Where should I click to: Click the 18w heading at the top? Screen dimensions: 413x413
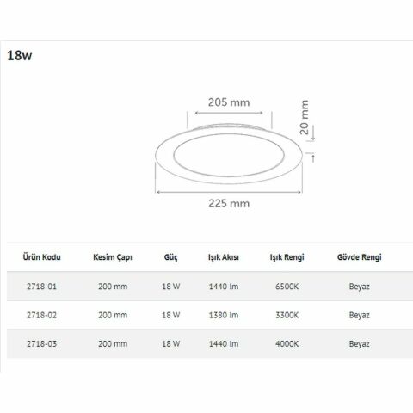click(x=19, y=58)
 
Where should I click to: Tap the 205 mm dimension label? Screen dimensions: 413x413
click(x=229, y=102)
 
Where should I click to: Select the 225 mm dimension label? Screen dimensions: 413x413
click(x=228, y=204)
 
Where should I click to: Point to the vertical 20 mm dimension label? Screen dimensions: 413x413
click(x=305, y=120)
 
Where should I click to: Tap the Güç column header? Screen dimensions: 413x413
click(x=170, y=257)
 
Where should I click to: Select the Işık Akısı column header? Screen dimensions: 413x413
click(x=223, y=257)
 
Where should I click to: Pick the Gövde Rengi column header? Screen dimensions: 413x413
click(x=359, y=257)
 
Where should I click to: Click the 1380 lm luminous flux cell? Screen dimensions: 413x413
click(x=224, y=314)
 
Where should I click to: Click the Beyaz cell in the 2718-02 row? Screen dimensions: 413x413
click(x=359, y=314)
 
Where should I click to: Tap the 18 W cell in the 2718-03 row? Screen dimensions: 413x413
click(x=170, y=342)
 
